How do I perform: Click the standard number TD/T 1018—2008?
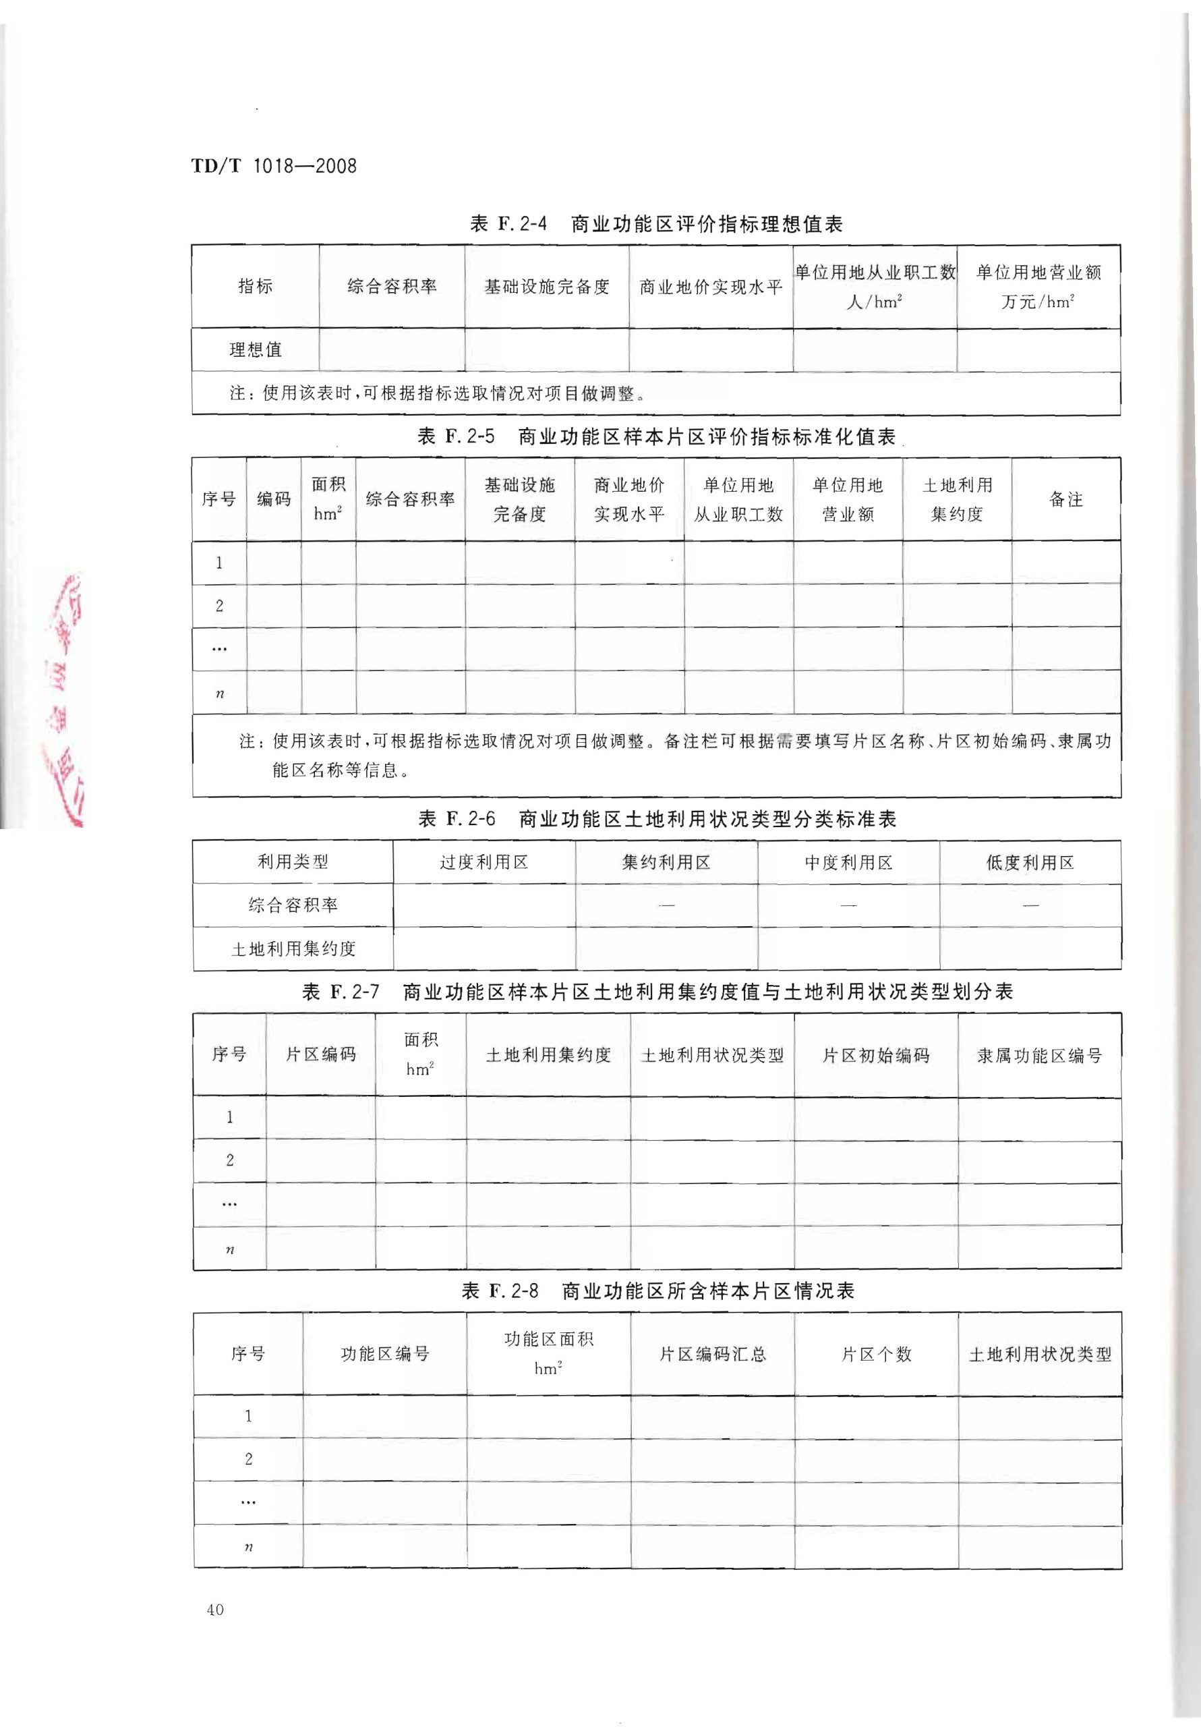[274, 166]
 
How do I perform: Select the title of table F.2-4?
[655, 223]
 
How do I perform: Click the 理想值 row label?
[255, 349]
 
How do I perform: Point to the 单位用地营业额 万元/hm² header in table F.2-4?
[1038, 287]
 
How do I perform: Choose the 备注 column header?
[1065, 499]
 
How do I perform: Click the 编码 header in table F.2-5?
[274, 499]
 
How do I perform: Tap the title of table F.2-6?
[657, 819]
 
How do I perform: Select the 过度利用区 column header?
[484, 862]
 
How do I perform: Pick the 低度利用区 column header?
[1030, 862]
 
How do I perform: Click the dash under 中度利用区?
[848, 905]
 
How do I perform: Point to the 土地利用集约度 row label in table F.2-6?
[293, 949]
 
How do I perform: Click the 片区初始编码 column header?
[876, 1055]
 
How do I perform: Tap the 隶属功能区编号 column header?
[1039, 1055]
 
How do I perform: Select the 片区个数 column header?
[876, 1354]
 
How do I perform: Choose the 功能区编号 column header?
[384, 1354]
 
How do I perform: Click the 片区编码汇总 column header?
[712, 1354]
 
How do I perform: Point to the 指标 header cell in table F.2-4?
[255, 287]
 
